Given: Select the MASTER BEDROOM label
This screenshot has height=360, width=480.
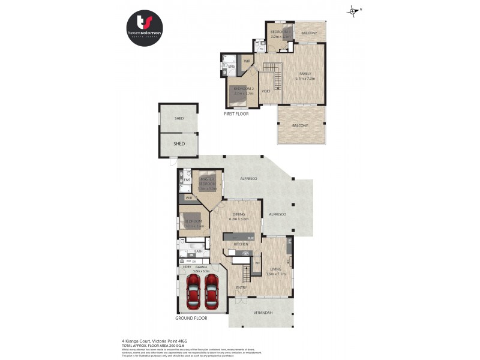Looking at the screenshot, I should tap(208, 181).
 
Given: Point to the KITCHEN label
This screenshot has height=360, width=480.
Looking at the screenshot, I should tap(241, 244).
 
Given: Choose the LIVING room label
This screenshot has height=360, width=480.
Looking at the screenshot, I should tap(276, 270).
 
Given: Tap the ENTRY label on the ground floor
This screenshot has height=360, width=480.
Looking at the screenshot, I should tap(241, 288).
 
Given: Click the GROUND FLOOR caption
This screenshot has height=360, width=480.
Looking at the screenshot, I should tap(191, 318).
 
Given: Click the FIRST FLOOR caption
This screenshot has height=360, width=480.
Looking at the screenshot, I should tap(236, 113).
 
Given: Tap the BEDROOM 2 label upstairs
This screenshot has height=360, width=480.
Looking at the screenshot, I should tap(243, 90).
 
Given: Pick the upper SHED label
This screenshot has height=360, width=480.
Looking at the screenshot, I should tap(179, 119).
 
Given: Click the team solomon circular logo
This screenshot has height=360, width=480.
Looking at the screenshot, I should tap(144, 27).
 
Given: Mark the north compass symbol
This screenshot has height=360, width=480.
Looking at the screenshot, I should tap(353, 10).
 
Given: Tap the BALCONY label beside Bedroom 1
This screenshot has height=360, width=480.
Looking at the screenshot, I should tap(309, 34).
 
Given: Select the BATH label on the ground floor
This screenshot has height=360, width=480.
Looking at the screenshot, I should tap(197, 251).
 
